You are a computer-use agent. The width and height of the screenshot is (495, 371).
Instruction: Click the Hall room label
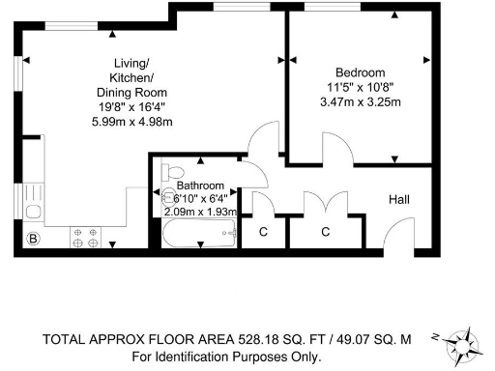click(x=399, y=199)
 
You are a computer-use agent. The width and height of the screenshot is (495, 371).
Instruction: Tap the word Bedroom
click(x=361, y=72)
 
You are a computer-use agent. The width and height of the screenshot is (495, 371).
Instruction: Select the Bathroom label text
click(x=201, y=185)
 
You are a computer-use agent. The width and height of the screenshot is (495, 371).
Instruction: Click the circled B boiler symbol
click(x=32, y=239)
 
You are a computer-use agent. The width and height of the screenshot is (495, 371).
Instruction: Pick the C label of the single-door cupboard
click(x=262, y=232)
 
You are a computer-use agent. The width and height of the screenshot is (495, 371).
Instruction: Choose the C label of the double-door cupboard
click(x=325, y=232)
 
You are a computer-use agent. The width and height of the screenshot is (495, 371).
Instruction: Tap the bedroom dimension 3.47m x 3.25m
click(x=361, y=100)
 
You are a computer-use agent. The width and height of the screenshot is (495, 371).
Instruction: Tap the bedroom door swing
click(x=337, y=149)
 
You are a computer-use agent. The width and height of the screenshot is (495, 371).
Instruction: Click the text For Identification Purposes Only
click(x=225, y=356)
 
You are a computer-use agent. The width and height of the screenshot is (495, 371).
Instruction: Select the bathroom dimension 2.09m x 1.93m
click(x=200, y=211)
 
